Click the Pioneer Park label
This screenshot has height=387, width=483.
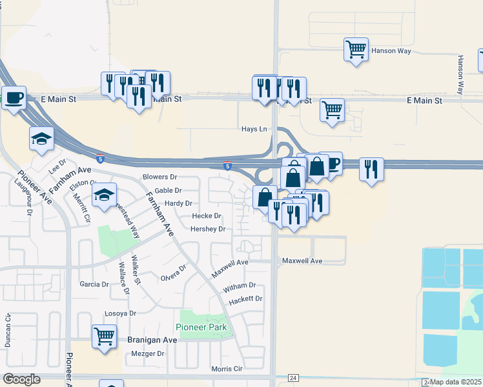(202, 328)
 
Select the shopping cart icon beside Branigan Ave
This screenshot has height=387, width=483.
(104, 336)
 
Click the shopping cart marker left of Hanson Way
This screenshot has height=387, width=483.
(356, 49)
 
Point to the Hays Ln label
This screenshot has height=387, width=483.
(254, 130)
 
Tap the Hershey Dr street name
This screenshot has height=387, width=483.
(208, 229)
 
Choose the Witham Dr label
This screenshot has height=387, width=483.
(240, 286)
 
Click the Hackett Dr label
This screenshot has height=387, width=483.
(246, 299)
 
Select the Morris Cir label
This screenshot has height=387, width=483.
(227, 369)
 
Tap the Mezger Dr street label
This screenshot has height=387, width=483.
(148, 353)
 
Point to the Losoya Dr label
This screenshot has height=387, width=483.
(121, 313)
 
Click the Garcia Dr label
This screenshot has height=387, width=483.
(94, 284)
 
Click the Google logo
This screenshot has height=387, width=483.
(21, 379)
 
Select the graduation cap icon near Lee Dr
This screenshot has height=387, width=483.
(41, 138)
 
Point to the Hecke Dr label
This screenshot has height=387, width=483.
(207, 216)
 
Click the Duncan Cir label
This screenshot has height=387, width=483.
(8, 331)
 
